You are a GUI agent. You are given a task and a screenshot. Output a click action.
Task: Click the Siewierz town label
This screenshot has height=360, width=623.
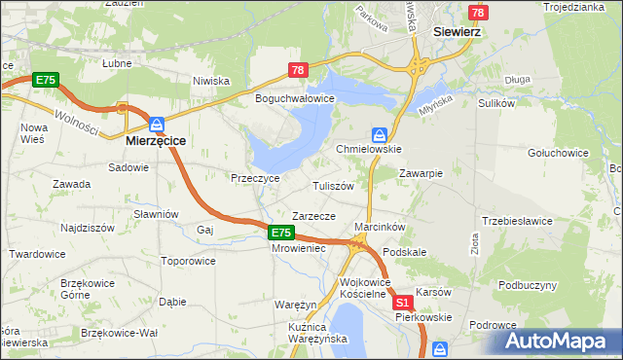point(457,30)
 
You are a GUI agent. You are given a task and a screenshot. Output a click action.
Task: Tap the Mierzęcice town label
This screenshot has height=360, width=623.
point(157,140)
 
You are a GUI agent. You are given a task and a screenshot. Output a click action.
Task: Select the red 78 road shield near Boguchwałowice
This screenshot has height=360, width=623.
point(299,70)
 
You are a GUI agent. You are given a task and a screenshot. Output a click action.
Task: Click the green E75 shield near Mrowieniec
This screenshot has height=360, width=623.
point(280,232)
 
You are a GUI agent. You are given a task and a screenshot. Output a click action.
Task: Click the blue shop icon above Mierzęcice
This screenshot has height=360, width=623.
point(157,124)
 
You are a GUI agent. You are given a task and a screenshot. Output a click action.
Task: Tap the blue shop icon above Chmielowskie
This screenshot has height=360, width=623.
point(381,134)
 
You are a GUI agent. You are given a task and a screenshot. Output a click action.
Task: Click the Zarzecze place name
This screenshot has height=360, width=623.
point(314,216)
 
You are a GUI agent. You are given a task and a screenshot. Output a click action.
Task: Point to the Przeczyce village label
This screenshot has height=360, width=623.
point(255,179)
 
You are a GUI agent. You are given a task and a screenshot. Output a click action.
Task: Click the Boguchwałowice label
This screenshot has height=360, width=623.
point(294,99)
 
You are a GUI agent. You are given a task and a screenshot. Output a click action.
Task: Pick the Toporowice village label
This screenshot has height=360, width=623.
point(188,261)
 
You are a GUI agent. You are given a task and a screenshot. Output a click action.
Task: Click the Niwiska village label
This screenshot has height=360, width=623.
point(210,81)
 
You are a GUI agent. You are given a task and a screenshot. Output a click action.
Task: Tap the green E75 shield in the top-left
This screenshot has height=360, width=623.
point(45,79)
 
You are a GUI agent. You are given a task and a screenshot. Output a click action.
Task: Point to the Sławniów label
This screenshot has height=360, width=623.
point(157,214)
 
